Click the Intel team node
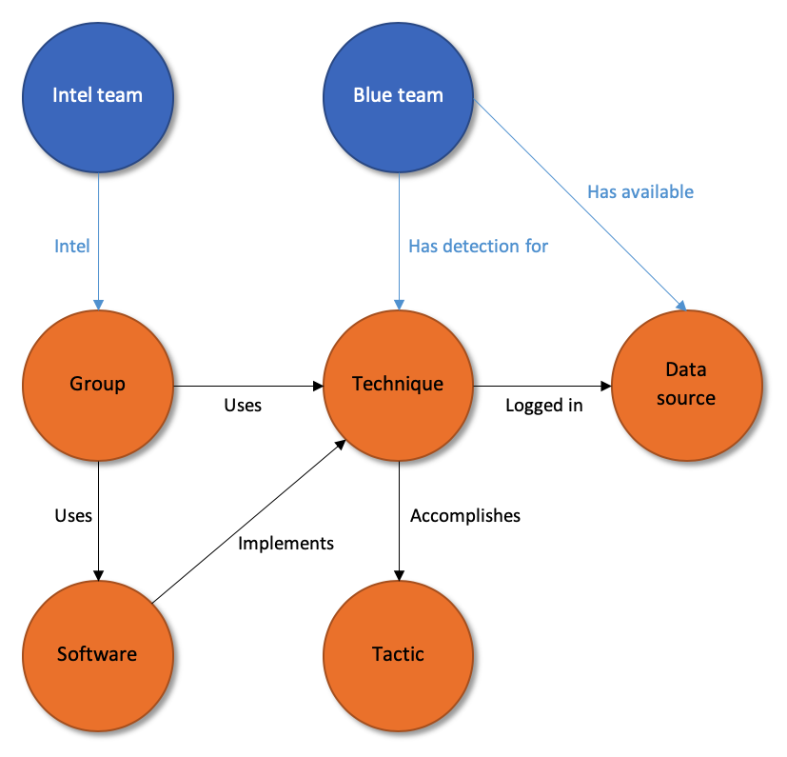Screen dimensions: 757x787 pyautogui.click(x=97, y=95)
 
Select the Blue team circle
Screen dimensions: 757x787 pyautogui.click(x=398, y=95)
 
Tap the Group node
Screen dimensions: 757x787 pyautogui.click(x=97, y=385)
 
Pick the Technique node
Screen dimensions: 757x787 pyautogui.click(x=398, y=385)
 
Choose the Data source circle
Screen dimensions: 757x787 pyautogui.click(x=685, y=385)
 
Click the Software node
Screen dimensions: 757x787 pyautogui.click(x=97, y=654)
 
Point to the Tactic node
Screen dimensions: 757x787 pyautogui.click(x=398, y=654)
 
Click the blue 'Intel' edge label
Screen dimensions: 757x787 pyautogui.click(x=72, y=247)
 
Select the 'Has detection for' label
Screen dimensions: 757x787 pyautogui.click(x=478, y=247)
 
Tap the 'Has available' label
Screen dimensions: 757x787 pyautogui.click(x=639, y=192)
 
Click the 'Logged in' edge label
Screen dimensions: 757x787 pyautogui.click(x=543, y=406)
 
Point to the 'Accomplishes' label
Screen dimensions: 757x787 pyautogui.click(x=465, y=516)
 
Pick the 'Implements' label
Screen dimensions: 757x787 pyautogui.click(x=285, y=544)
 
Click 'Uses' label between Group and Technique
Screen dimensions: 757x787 pyautogui.click(x=243, y=406)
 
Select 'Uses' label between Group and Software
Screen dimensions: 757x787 pyautogui.click(x=73, y=515)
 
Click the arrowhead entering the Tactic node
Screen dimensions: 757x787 pyautogui.click(x=398, y=574)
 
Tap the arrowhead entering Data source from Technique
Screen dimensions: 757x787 pyautogui.click(x=604, y=386)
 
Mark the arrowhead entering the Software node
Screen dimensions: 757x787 pyautogui.click(x=97, y=574)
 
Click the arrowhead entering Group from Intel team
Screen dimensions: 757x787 pyautogui.click(x=97, y=304)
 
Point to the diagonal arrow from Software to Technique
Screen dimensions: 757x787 pyautogui.click(x=247, y=523)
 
